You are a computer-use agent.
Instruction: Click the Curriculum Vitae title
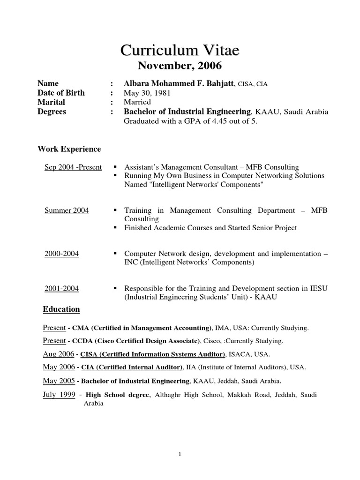[180, 50]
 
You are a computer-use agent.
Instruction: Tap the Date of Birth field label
[61, 93]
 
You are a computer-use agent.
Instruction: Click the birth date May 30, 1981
[147, 93]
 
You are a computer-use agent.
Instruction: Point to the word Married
[137, 102]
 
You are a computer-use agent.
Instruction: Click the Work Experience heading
[69, 149]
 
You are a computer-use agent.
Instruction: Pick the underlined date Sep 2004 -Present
[73, 167]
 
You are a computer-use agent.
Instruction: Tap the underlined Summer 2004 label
[67, 211]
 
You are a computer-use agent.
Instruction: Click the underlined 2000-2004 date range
[61, 254]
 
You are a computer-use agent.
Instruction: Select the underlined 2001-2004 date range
[61, 289]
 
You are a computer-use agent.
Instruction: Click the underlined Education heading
[61, 309]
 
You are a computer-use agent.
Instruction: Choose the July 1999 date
[59, 395]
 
